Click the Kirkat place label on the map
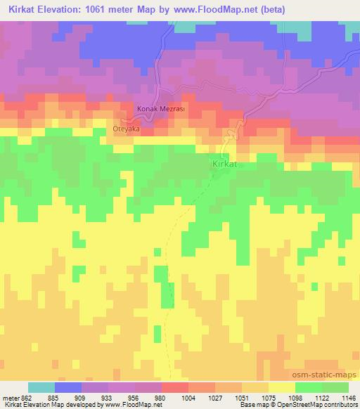226,164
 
